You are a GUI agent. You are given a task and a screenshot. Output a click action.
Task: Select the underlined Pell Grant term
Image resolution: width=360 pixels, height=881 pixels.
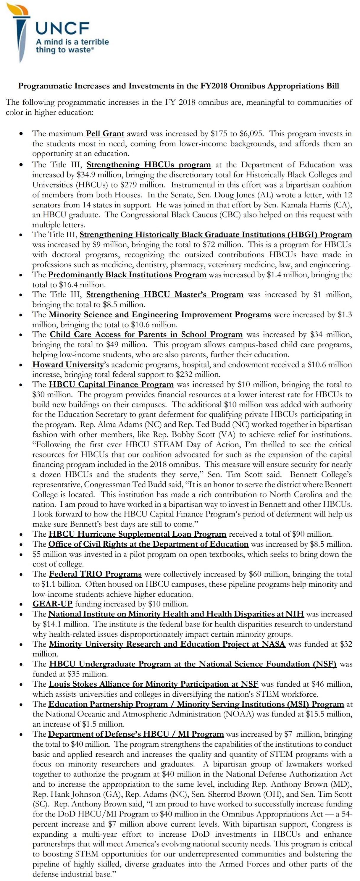pyautogui.click(x=105, y=133)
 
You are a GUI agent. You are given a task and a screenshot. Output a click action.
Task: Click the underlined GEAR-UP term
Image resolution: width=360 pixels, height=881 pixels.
pyautogui.click(x=52, y=604)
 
